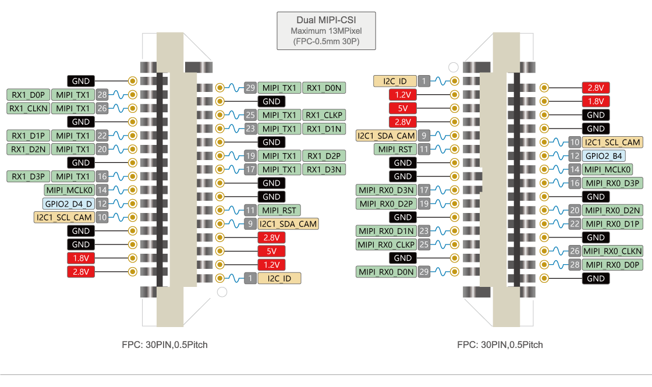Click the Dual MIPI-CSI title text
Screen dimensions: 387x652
click(x=326, y=20)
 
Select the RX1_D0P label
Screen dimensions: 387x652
click(x=29, y=94)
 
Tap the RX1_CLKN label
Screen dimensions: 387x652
click(x=29, y=108)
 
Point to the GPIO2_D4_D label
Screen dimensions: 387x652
click(x=68, y=204)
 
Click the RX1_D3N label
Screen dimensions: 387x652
click(x=324, y=169)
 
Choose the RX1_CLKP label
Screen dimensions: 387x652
click(x=324, y=115)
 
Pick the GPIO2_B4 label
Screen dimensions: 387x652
click(x=604, y=156)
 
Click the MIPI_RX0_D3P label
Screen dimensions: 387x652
click(x=612, y=183)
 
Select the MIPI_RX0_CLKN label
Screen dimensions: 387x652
click(x=612, y=251)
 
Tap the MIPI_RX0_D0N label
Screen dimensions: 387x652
click(x=387, y=272)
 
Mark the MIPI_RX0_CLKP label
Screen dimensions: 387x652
click(x=387, y=244)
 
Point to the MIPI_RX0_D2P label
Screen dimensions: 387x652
click(x=387, y=204)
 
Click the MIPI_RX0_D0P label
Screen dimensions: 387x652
click(x=612, y=265)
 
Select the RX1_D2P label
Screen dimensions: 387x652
click(x=324, y=156)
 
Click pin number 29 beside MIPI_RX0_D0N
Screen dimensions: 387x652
click(x=424, y=272)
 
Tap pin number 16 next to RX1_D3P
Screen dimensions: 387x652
click(x=102, y=176)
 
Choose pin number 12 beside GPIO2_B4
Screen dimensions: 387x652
click(x=575, y=156)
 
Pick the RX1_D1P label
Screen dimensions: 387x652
click(x=29, y=136)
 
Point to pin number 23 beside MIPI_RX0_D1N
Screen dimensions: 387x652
click(x=424, y=231)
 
